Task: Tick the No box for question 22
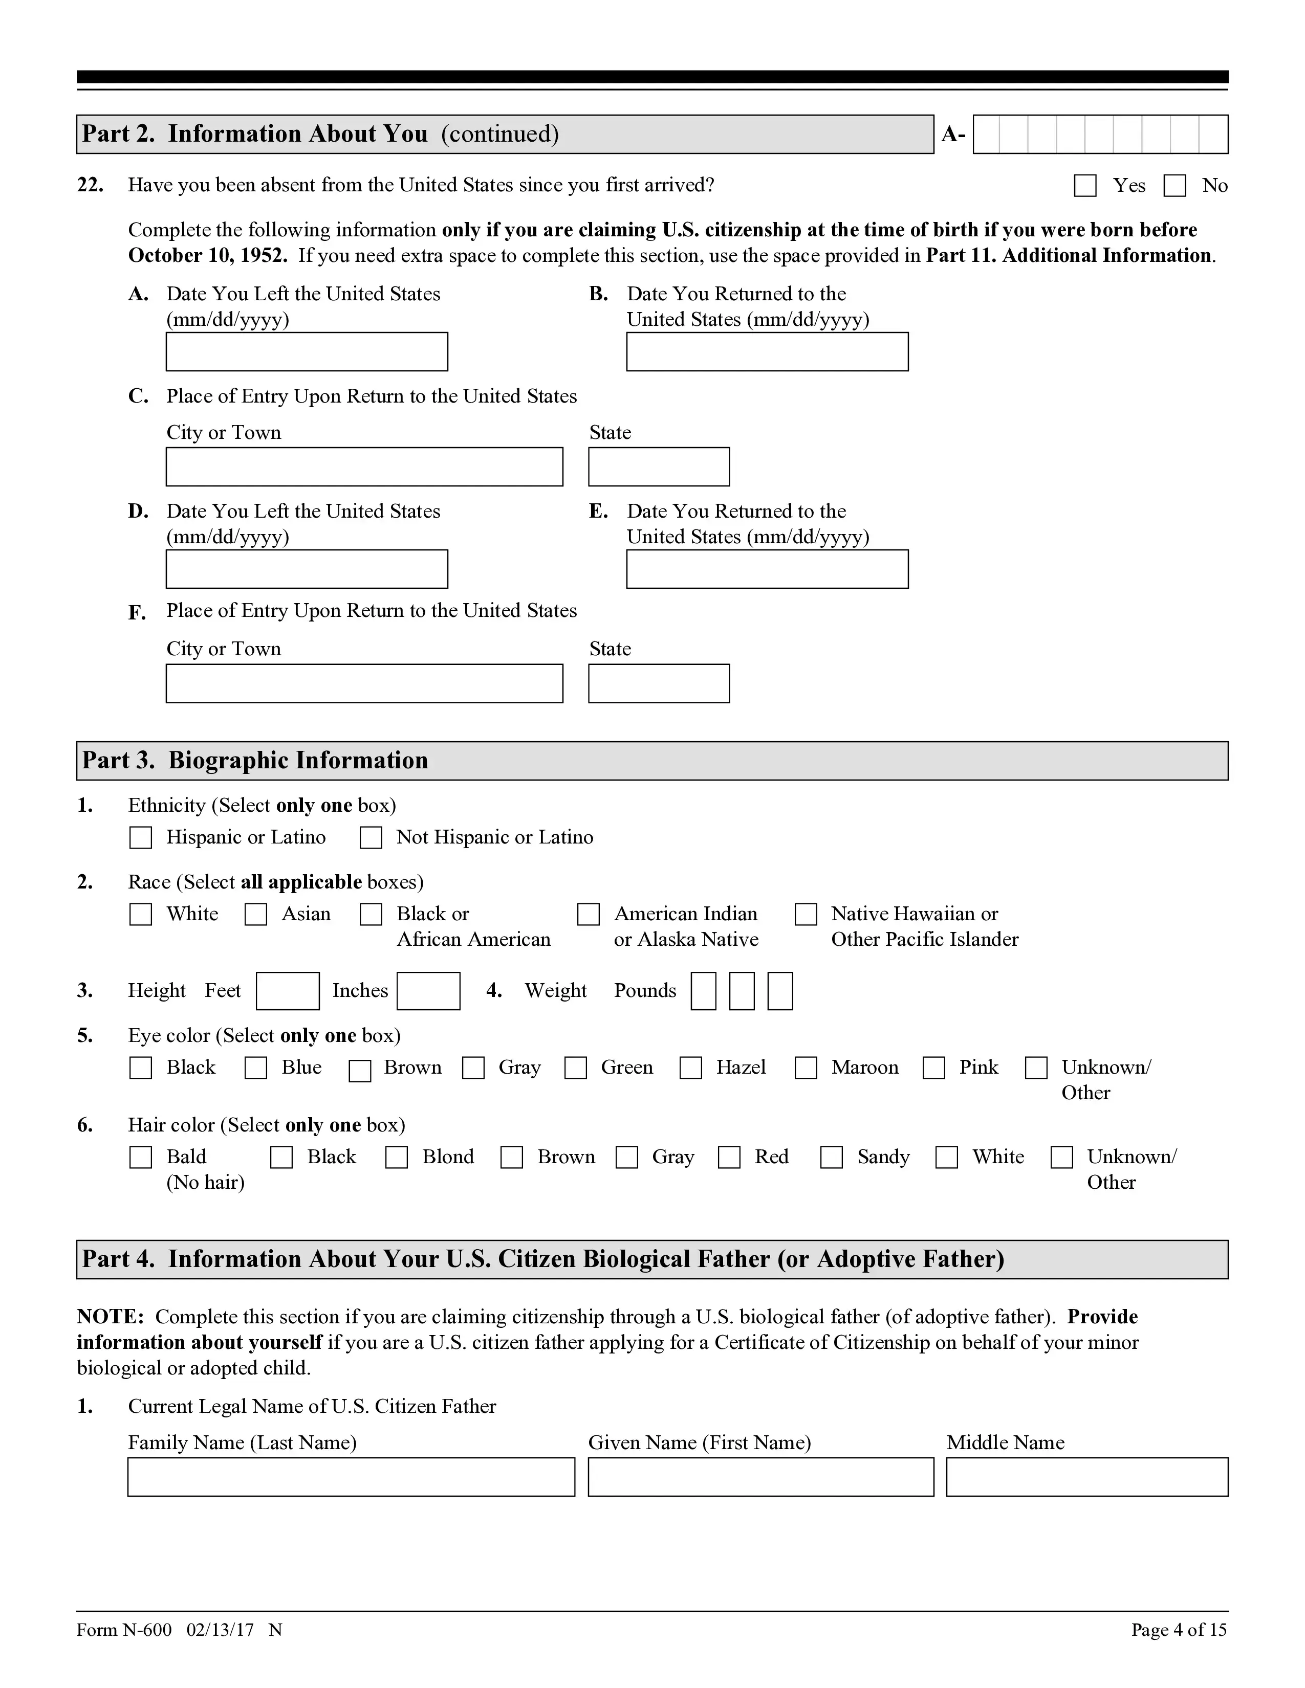coord(1174,186)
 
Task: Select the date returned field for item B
coord(767,352)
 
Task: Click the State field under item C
coord(659,467)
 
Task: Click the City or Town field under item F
coord(364,683)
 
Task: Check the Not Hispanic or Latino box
coord(371,838)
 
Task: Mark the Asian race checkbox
coord(256,915)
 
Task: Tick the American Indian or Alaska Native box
coord(589,915)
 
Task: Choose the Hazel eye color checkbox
coord(690,1068)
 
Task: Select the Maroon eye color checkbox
coord(806,1068)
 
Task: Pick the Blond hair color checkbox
coord(397,1157)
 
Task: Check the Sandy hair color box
coord(831,1157)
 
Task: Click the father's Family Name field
coord(351,1477)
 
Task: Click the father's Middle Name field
coord(1086,1477)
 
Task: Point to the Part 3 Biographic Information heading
coord(255,761)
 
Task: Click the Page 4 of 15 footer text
coord(1178,1630)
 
